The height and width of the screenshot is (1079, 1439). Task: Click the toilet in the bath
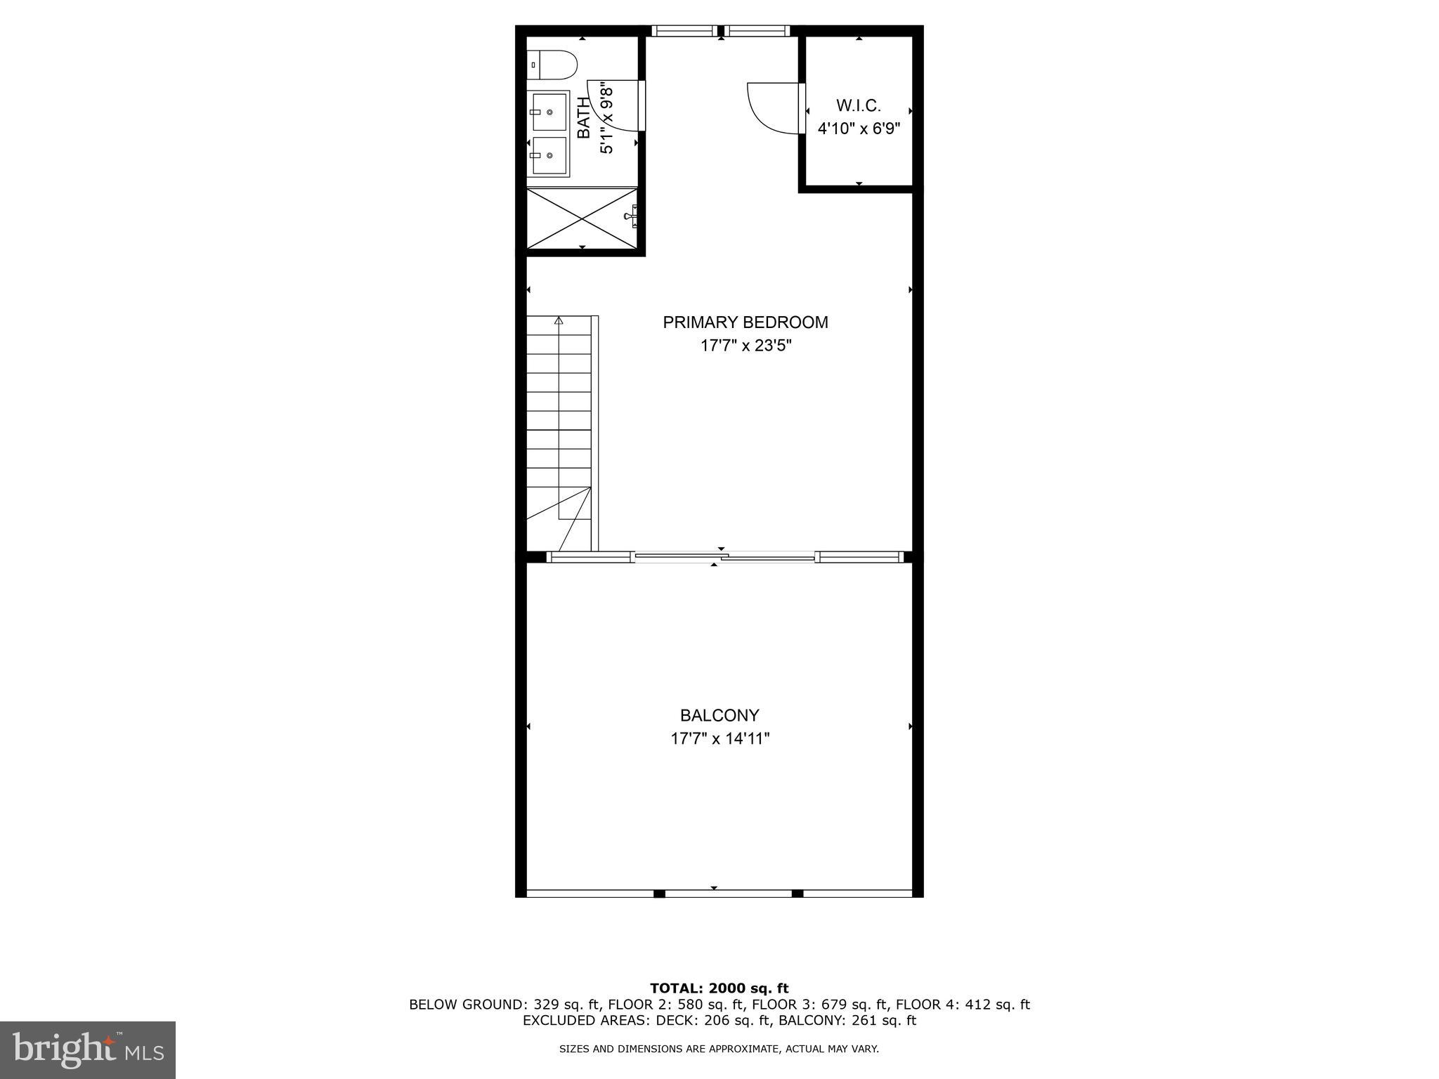(x=553, y=65)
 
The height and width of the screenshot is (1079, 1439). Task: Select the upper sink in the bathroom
(x=549, y=112)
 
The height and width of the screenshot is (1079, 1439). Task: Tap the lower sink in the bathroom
(x=549, y=156)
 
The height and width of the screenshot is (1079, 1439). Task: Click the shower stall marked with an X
(x=582, y=217)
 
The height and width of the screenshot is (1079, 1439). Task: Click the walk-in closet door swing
(x=771, y=107)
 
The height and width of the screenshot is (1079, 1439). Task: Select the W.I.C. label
(x=858, y=105)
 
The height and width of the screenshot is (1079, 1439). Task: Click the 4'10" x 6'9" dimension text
(x=858, y=129)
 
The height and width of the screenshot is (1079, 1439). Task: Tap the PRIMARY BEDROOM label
(x=745, y=322)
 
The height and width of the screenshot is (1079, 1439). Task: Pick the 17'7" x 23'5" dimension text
(x=745, y=346)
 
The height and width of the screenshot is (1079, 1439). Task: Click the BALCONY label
(x=719, y=716)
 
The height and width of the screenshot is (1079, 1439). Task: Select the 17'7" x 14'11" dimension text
(x=719, y=739)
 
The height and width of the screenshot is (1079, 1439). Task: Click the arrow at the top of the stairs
(x=559, y=321)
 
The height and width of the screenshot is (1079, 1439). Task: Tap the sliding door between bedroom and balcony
(x=724, y=557)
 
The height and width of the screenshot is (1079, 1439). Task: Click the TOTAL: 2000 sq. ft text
(x=719, y=988)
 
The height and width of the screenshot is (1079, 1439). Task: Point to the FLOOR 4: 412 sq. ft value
(x=962, y=1005)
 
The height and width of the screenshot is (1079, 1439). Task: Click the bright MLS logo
(x=88, y=1050)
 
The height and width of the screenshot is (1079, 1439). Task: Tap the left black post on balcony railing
(x=658, y=894)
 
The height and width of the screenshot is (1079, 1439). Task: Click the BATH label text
(x=584, y=118)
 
